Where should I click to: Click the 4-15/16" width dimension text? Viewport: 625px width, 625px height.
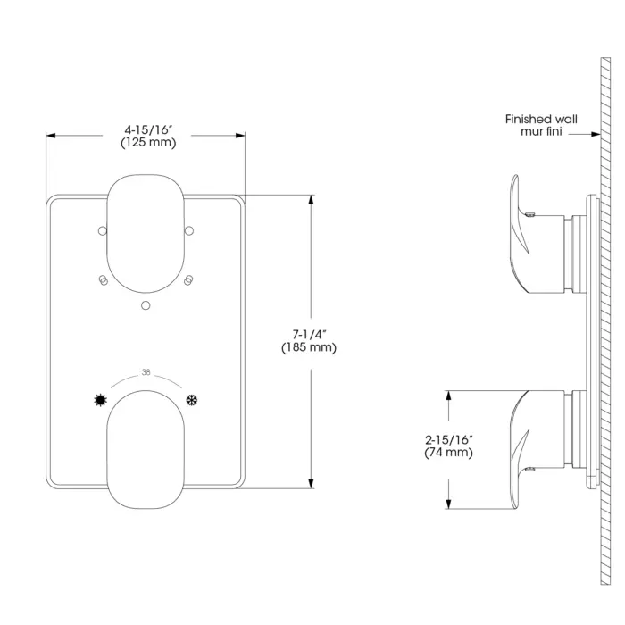pos(148,129)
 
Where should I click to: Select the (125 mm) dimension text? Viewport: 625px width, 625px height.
pos(148,143)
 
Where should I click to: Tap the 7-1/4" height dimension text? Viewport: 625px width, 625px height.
pos(309,334)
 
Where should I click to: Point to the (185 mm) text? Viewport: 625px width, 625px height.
pos(309,347)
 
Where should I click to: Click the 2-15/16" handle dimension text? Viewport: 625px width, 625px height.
pos(449,439)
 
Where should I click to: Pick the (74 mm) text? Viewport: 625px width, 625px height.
pos(449,453)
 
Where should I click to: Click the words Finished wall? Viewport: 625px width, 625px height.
pos(541,119)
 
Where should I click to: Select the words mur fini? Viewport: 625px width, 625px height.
pos(541,131)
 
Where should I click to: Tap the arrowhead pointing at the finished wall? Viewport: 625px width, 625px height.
pos(596,134)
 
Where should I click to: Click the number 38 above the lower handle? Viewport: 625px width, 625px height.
pos(146,372)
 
